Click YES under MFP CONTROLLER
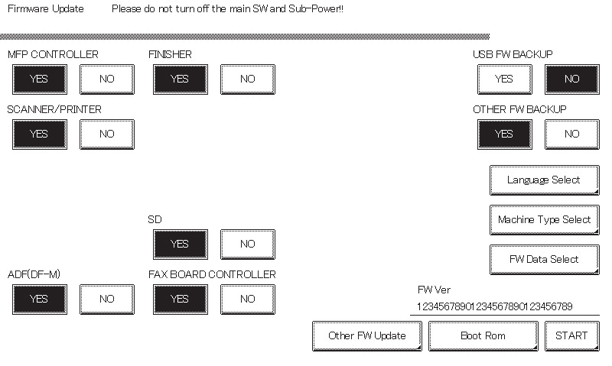[40, 79]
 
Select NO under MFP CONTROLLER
[107, 79]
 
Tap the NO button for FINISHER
[248, 79]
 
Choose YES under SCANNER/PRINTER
[40, 134]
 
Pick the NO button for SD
[248, 245]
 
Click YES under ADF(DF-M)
[40, 300]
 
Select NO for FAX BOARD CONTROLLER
[248, 300]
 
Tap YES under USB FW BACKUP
[505, 79]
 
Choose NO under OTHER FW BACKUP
[572, 134]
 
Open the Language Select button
[545, 180]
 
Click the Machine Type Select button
[545, 220]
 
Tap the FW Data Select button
[545, 260]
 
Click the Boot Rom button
[483, 336]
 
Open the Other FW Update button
[367, 336]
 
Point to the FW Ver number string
[494, 306]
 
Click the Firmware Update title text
[46, 9]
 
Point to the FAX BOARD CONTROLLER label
[212, 274]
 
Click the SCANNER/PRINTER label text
[54, 109]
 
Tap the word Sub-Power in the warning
[314, 9]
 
